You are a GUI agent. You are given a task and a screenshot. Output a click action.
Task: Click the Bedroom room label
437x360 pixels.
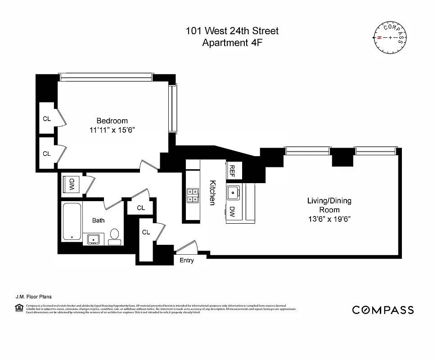[112, 121]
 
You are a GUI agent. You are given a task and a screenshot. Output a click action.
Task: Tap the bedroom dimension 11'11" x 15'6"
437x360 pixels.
[112, 130]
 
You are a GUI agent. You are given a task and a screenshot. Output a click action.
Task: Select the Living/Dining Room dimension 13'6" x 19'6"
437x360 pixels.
[329, 219]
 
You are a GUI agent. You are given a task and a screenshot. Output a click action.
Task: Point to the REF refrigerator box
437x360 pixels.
[233, 170]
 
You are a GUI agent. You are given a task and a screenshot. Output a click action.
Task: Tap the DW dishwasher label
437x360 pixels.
[232, 211]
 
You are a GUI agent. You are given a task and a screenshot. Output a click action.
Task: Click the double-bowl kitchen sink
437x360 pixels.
[193, 195]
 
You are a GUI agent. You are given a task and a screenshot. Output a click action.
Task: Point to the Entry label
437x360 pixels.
[186, 261]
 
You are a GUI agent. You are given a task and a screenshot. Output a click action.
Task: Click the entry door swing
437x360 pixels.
[188, 248]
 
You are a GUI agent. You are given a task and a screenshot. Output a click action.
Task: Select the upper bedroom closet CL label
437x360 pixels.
[46, 119]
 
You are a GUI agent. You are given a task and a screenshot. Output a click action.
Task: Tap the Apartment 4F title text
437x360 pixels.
[232, 43]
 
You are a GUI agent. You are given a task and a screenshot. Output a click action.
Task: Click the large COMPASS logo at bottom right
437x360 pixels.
[383, 310]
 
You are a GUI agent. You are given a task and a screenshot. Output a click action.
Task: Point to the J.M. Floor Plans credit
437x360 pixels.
[33, 297]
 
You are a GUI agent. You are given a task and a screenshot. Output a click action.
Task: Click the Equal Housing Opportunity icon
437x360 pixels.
[18, 308]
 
